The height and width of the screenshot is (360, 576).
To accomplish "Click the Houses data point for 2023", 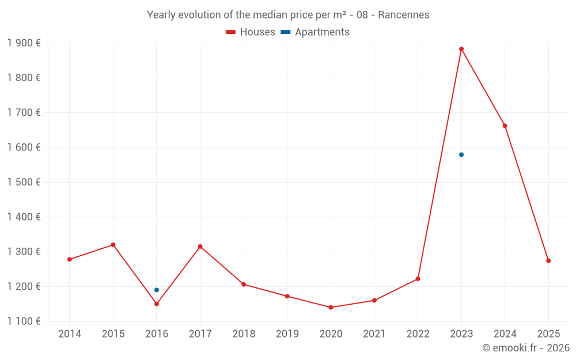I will click(461, 49).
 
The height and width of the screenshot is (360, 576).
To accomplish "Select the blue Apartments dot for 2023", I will click(461, 154).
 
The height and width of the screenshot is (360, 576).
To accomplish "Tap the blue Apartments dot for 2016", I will click(157, 290).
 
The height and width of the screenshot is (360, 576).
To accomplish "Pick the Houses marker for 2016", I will click(157, 304).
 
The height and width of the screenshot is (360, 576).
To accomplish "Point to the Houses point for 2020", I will click(331, 307).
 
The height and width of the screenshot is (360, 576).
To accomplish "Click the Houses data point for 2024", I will click(505, 126).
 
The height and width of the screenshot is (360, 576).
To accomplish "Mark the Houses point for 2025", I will click(548, 261).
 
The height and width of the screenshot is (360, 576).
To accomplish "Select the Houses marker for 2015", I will click(113, 245).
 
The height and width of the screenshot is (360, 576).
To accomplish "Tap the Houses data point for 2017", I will click(200, 247).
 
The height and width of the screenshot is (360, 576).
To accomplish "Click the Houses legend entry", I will click(251, 32).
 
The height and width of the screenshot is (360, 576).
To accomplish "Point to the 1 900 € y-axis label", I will click(24, 43).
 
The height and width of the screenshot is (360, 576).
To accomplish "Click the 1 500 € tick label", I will click(24, 182).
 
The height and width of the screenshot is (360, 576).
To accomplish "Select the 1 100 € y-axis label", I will click(24, 321).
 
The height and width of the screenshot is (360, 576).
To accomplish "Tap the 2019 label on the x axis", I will click(287, 334).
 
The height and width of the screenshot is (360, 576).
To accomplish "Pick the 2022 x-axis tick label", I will click(418, 334).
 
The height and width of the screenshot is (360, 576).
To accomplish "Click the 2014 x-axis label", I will click(70, 334).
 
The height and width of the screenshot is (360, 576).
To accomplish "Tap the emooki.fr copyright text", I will click(526, 348).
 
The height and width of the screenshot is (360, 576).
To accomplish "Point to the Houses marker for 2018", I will click(244, 284).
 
